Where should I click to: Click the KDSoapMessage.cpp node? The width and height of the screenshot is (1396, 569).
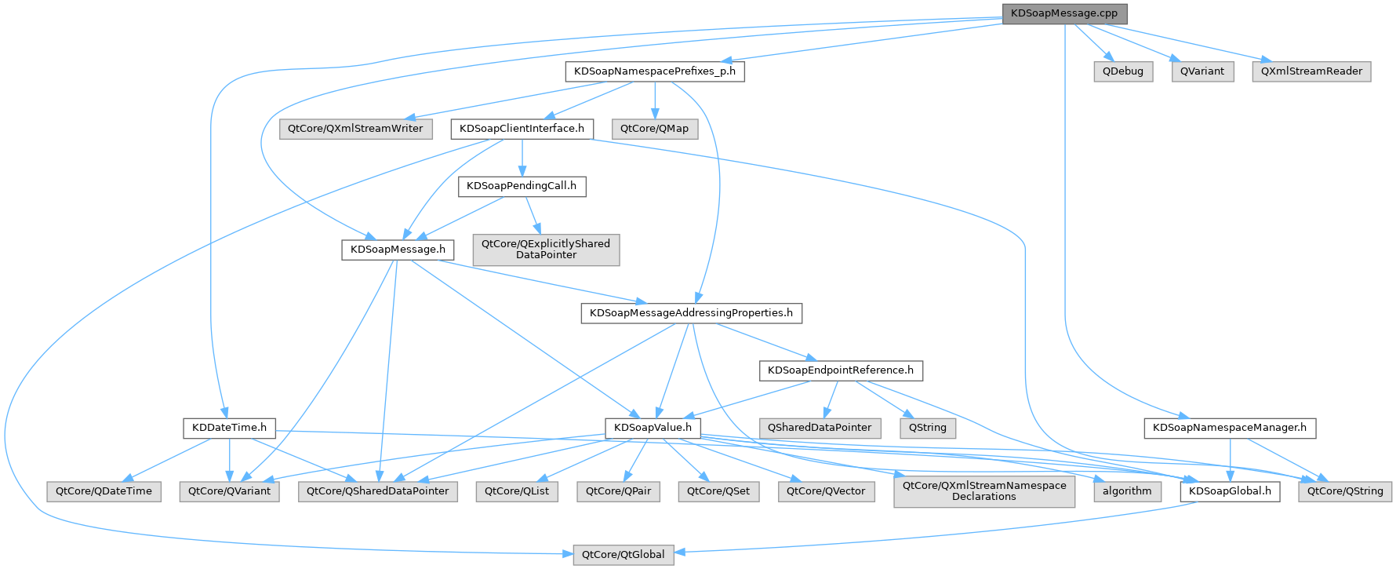pyautogui.click(x=1064, y=13)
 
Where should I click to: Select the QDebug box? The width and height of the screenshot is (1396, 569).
pyautogui.click(x=1123, y=71)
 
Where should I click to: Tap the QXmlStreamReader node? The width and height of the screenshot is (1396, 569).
pyautogui.click(x=1311, y=71)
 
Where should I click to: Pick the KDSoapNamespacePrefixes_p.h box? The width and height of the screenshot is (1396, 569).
pyautogui.click(x=655, y=71)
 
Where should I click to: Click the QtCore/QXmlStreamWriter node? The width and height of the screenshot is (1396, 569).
pyautogui.click(x=355, y=129)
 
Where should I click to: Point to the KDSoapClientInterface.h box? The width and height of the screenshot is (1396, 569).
pyautogui.click(x=522, y=129)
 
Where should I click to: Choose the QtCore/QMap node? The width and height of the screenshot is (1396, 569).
pyautogui.click(x=654, y=129)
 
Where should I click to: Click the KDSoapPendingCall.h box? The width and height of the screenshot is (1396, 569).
pyautogui.click(x=522, y=186)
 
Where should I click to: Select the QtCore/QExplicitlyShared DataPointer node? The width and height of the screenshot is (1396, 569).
pyautogui.click(x=546, y=249)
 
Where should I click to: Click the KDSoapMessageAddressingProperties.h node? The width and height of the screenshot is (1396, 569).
pyautogui.click(x=691, y=313)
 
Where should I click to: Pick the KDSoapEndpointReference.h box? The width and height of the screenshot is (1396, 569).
pyautogui.click(x=841, y=370)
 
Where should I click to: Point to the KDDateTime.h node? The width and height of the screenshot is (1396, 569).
pyautogui.click(x=229, y=428)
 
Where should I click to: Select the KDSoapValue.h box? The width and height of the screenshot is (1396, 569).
pyautogui.click(x=653, y=428)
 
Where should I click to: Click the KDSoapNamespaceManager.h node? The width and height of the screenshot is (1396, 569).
pyautogui.click(x=1230, y=428)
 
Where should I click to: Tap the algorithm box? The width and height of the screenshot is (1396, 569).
pyautogui.click(x=1127, y=491)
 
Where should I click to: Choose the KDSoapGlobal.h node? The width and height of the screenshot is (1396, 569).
pyautogui.click(x=1230, y=491)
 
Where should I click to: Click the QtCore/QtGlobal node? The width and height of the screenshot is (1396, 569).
pyautogui.click(x=623, y=555)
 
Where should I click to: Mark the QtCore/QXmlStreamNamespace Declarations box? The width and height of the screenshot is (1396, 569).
pyautogui.click(x=984, y=491)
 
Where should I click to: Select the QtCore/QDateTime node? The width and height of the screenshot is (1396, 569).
pyautogui.click(x=104, y=491)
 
